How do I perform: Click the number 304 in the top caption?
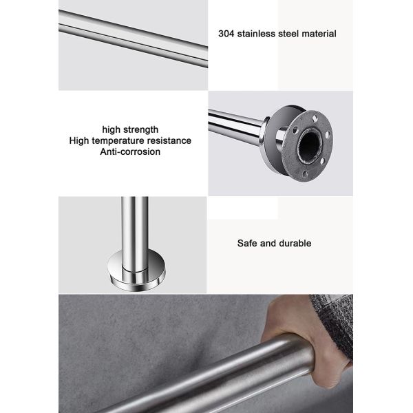click(226, 33)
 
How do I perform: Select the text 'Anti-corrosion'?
click(130, 151)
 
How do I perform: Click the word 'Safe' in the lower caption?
click(247, 243)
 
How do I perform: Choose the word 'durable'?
click(295, 243)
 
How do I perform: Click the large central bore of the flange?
click(308, 145)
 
